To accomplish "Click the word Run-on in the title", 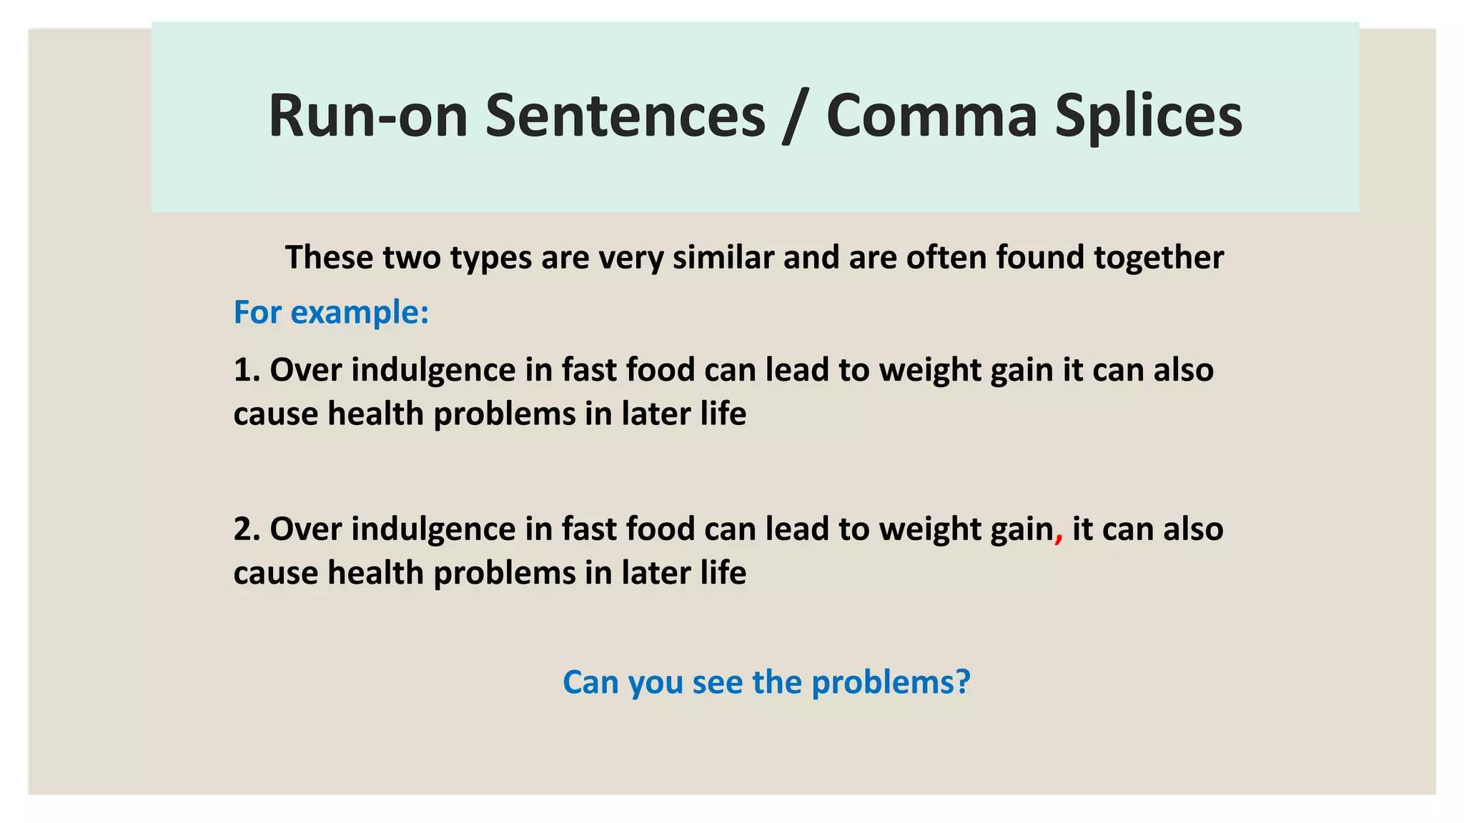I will point(367,116).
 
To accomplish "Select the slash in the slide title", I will point(795,117).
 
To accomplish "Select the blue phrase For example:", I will point(331,312).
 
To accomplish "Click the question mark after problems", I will point(962,682).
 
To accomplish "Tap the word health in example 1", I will point(375,414).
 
